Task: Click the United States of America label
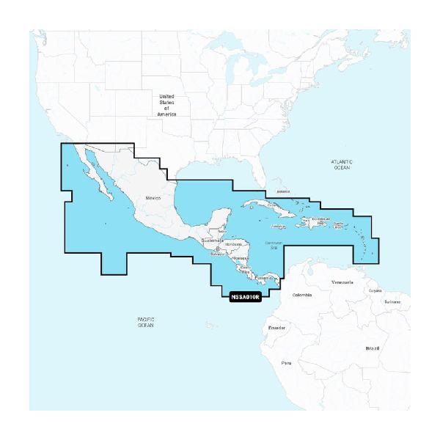coord(167,105)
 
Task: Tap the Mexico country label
coord(153,199)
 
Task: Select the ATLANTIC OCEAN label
coord(342,164)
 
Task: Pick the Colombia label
coord(302,295)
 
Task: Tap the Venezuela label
coord(342,282)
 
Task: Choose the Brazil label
coord(373,348)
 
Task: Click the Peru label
coord(287,363)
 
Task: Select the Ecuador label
coord(276,327)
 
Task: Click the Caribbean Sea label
coord(273,243)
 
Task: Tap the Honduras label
coord(234,243)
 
